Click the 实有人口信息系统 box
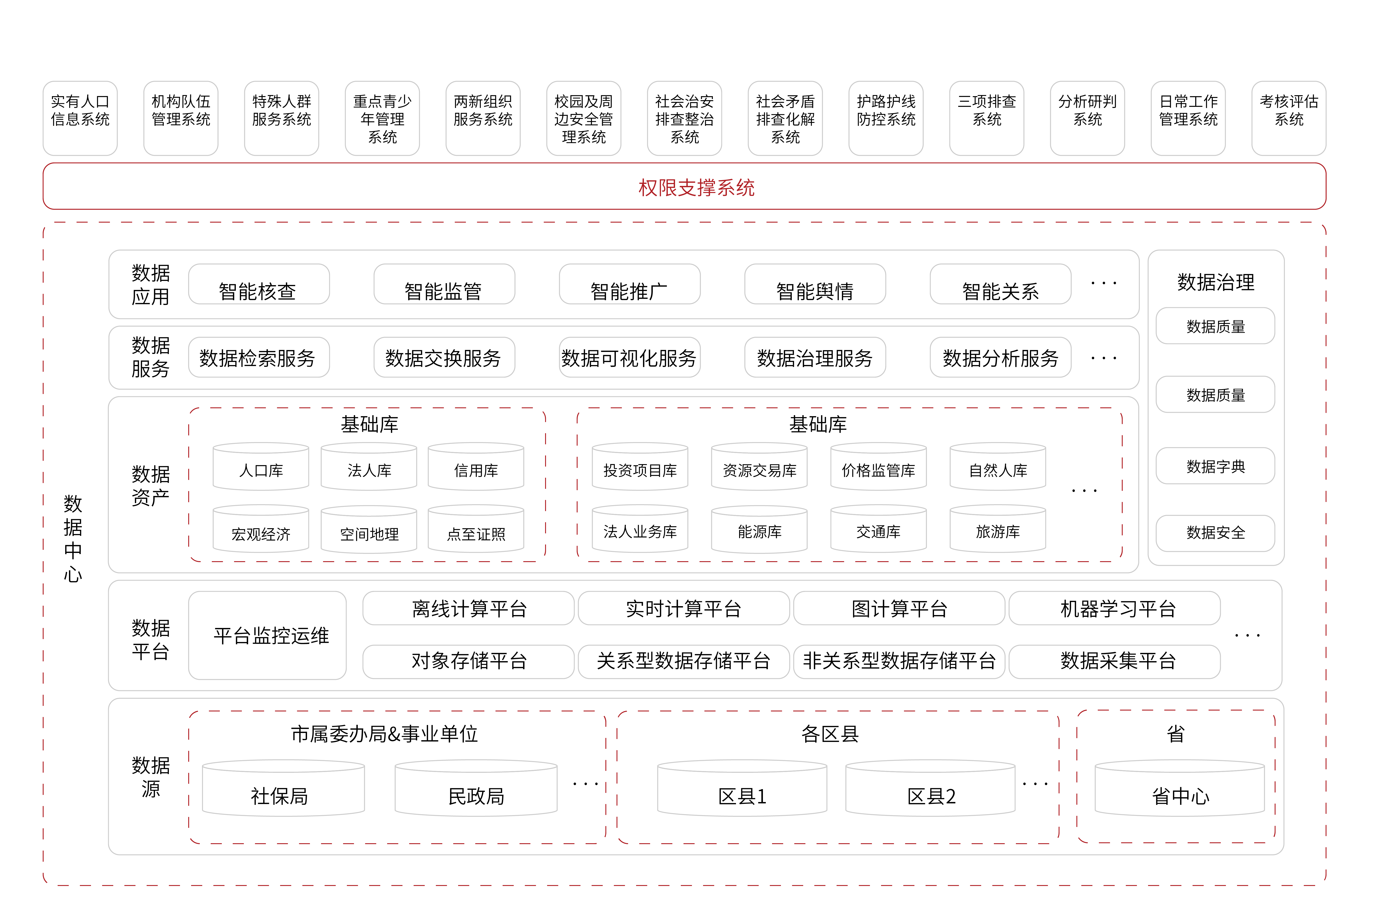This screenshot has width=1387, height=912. coord(80,118)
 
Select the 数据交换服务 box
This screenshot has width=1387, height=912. coord(444,357)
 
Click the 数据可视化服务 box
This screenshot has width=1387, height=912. coord(629,357)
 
